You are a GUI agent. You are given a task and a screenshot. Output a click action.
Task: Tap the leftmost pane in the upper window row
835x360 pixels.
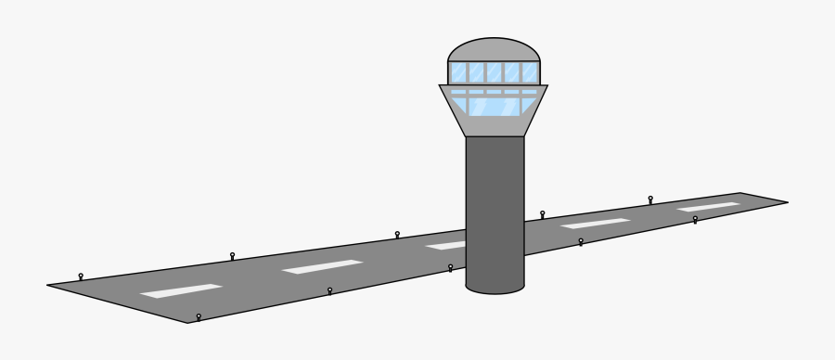pos(458,71)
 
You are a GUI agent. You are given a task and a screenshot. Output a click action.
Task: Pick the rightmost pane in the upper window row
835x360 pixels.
pos(530,71)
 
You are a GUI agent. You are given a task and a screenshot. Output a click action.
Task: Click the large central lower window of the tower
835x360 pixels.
pos(494,106)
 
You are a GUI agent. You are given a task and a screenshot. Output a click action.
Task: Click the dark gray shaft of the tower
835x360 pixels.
pos(495,213)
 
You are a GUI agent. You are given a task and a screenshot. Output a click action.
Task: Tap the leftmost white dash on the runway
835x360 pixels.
pos(181,290)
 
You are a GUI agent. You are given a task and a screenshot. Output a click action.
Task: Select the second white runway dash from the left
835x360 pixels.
pos(322,266)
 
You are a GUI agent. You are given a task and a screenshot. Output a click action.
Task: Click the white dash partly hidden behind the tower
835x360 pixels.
pos(446,246)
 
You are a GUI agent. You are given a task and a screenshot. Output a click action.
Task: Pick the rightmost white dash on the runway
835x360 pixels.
pos(708,206)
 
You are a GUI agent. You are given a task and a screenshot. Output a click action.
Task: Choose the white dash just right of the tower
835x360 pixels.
pos(596,224)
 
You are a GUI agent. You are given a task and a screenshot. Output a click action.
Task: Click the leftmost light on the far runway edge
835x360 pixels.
pos(81,276)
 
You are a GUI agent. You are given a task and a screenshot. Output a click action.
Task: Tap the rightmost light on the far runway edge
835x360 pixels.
pos(650,199)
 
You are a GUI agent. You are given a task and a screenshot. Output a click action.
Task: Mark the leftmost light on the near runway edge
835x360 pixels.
pos(198,316)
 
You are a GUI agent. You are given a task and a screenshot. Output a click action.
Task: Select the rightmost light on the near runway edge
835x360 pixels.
pos(695,219)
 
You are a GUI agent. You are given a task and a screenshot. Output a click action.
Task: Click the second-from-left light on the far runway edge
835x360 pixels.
pos(232,254)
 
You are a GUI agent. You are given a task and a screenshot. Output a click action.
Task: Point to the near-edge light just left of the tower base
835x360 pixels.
pos(450,267)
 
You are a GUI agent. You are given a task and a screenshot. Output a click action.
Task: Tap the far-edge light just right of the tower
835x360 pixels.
pos(543,213)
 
